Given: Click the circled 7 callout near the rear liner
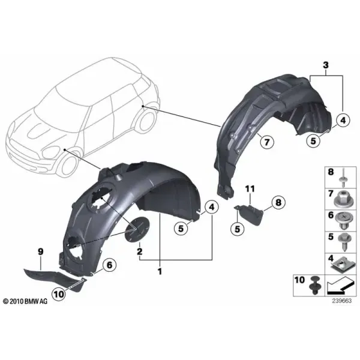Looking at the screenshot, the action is (x=266, y=142).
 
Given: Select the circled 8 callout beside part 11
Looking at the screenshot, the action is (x=278, y=203).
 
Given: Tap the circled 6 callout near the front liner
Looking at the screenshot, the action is (x=110, y=265).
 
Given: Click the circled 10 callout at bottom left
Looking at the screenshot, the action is (x=59, y=294).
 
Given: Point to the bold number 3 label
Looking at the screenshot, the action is (x=326, y=65).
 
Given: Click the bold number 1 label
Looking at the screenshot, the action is (x=160, y=272).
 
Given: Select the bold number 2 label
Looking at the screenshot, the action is (x=139, y=251).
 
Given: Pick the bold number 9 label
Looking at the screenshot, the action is (x=40, y=251).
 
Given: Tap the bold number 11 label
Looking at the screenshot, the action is (x=250, y=189).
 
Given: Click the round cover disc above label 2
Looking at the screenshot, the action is (x=137, y=229).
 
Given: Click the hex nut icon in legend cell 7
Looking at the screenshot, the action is (x=340, y=199).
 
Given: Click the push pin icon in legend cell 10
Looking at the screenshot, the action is (x=314, y=286).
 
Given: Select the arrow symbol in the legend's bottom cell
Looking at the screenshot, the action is (x=340, y=286).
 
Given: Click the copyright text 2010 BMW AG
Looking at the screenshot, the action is (x=26, y=301).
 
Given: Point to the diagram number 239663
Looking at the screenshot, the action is (x=342, y=301).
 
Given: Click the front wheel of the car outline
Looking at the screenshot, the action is (x=68, y=164).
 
